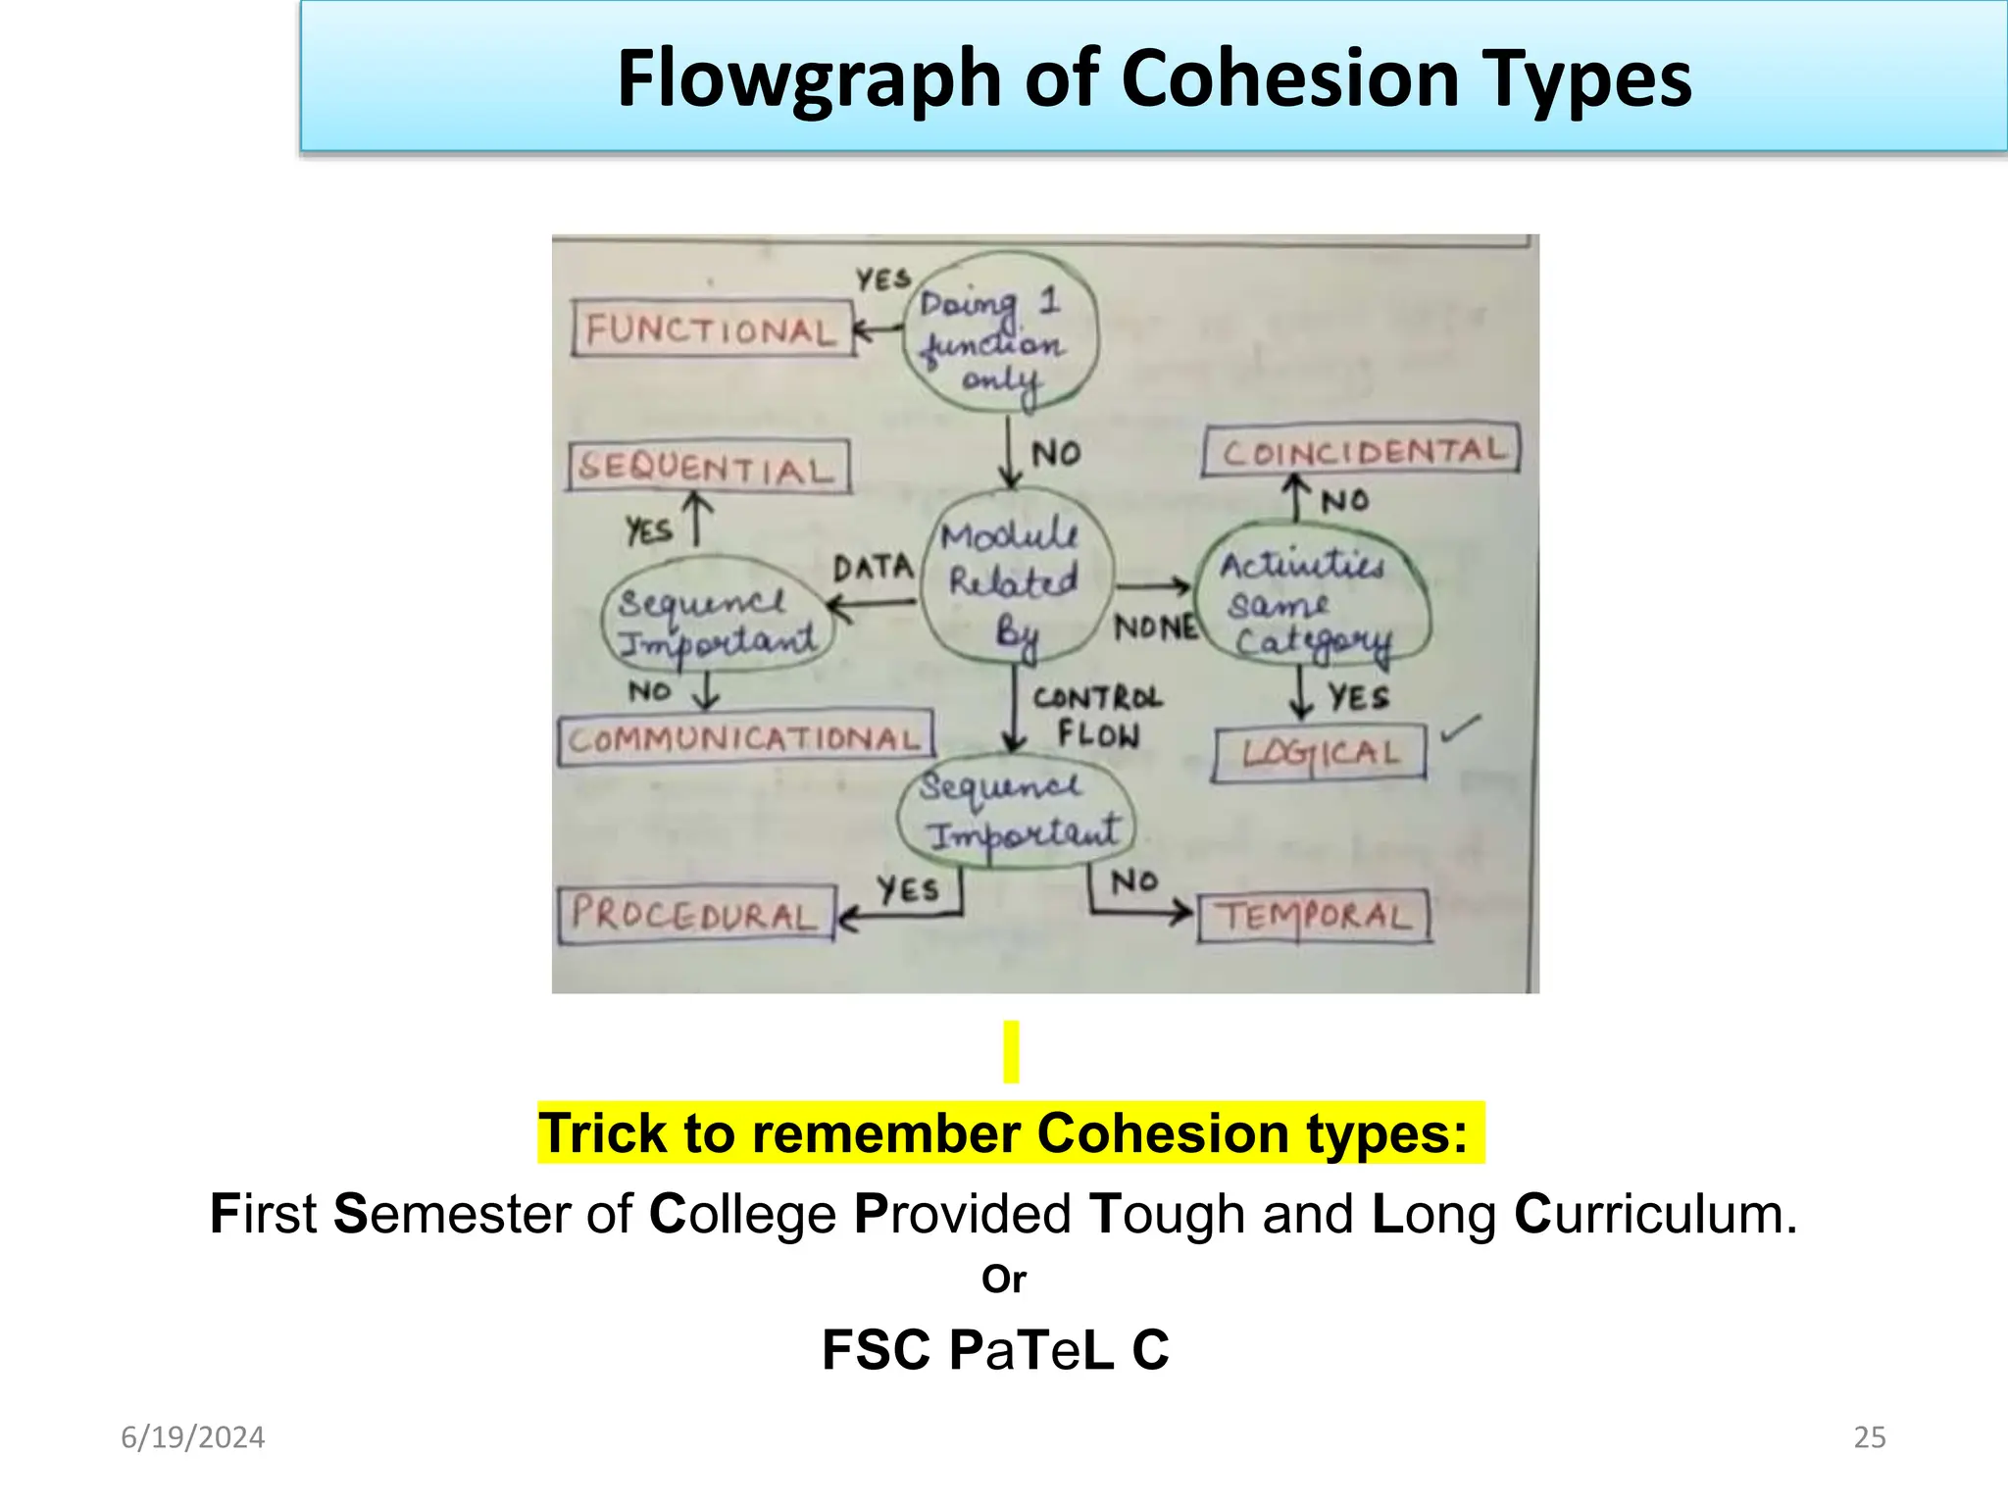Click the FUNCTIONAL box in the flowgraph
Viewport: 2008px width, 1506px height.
pos(712,329)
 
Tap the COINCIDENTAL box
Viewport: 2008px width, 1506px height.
pos(1361,451)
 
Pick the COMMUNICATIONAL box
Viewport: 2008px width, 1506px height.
pos(745,739)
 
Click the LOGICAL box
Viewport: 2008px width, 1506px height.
pos(1320,753)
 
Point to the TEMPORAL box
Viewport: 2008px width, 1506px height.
pos(1314,917)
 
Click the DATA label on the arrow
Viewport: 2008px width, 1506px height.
pos(873,568)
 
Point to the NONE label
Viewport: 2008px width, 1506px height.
pos(1156,627)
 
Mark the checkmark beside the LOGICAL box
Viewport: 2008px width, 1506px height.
pos(1460,728)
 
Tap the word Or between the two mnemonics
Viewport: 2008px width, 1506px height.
pos(1004,1280)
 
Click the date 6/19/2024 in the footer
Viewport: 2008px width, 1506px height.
pos(193,1437)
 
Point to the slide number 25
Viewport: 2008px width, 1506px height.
pos(1869,1437)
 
